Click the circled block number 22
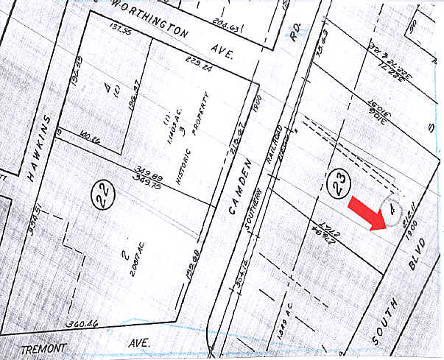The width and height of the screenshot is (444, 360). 102,195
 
